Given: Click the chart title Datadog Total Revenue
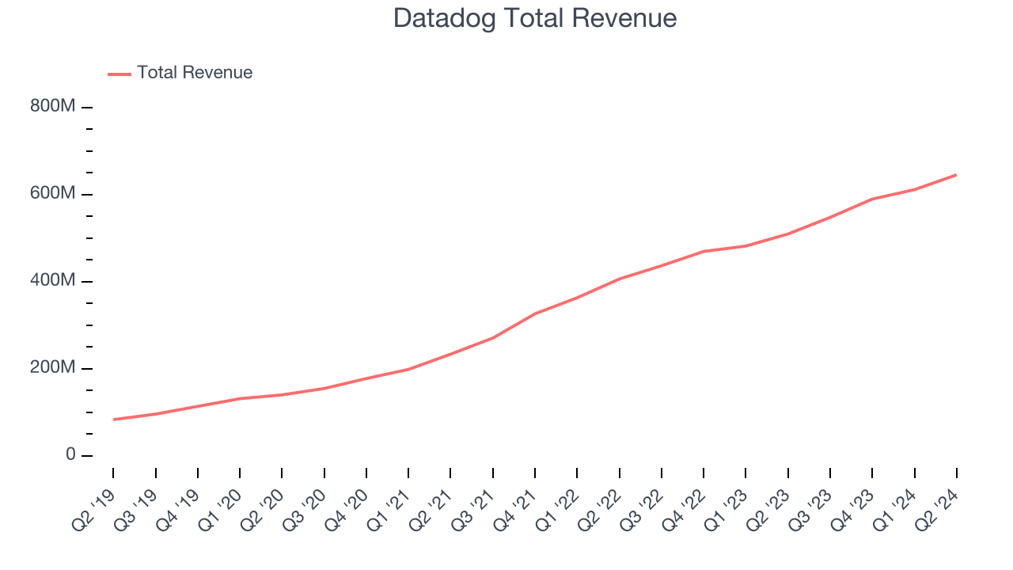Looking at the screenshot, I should (535, 18).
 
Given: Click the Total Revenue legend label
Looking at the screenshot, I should (195, 73).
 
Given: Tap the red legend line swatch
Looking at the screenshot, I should (120, 74).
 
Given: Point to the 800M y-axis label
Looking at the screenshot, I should (53, 107).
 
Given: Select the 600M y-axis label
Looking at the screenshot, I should (53, 194).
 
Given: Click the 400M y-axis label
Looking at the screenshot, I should (53, 281).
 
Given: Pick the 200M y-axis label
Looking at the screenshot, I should (53, 368).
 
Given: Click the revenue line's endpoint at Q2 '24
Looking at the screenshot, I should (956, 175).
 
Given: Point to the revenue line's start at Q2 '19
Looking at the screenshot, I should (114, 420).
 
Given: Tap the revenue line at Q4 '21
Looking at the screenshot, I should (535, 313).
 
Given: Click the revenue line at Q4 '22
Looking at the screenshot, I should (704, 251).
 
